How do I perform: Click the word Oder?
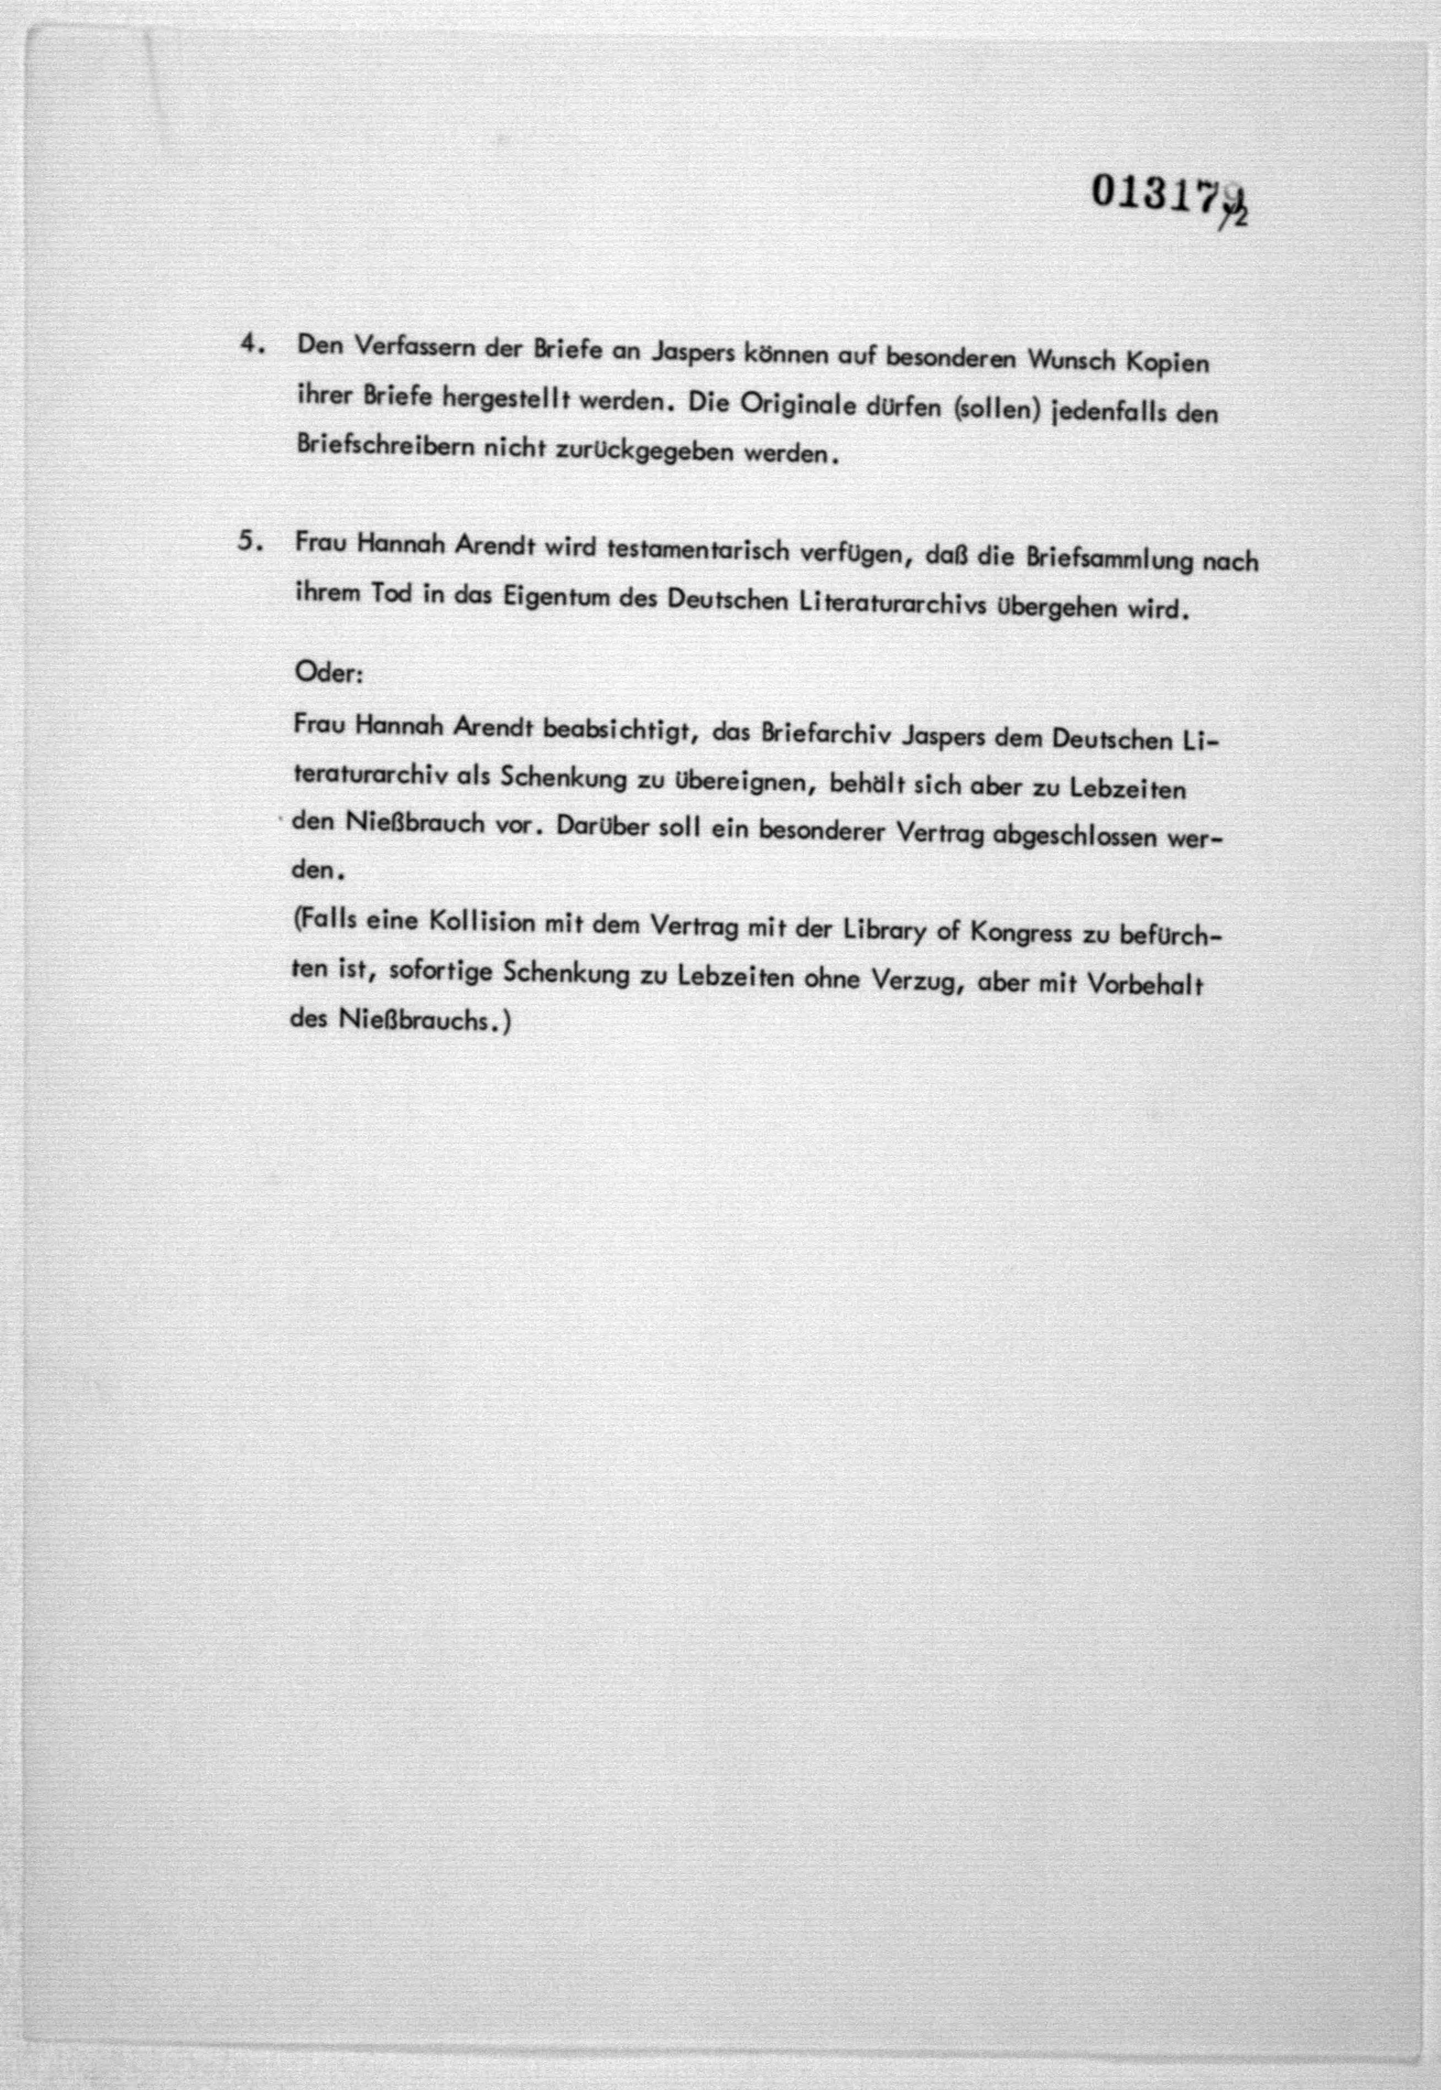(x=328, y=674)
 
